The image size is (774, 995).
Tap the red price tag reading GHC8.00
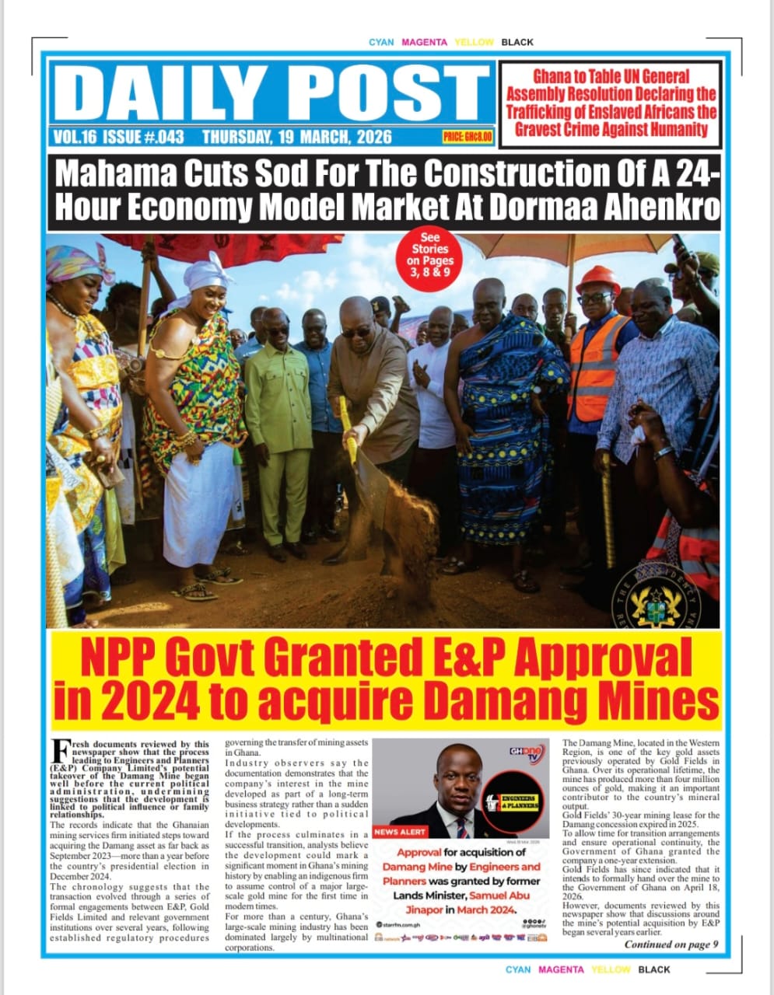(x=468, y=137)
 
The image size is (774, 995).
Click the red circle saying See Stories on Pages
(x=429, y=255)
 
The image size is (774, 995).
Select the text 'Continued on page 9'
(x=671, y=944)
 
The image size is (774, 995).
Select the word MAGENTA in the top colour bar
(x=424, y=42)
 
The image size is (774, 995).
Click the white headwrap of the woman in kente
(x=208, y=273)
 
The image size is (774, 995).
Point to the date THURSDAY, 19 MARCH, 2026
(x=296, y=138)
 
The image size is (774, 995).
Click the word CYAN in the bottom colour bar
(x=518, y=969)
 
